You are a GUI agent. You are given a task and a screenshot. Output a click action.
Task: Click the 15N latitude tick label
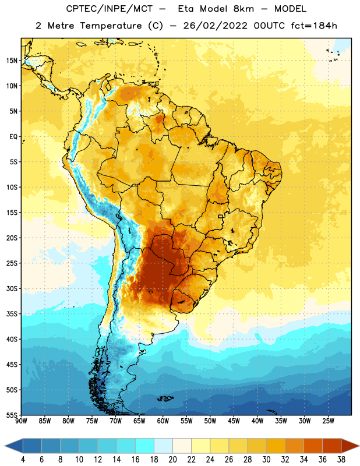point(12,61)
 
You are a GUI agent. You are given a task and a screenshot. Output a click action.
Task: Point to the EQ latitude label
point(13,137)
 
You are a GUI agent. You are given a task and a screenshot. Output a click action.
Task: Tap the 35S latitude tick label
point(12,314)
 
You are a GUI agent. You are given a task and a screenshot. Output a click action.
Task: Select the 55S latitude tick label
point(12,415)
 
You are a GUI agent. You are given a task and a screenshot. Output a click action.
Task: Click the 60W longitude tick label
point(163,421)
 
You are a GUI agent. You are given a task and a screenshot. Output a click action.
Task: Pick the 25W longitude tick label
point(328,421)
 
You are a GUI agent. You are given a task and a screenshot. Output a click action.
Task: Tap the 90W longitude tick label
point(21,421)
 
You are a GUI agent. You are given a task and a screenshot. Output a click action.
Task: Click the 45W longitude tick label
point(234,421)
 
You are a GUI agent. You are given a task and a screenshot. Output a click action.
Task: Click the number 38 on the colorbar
point(341,460)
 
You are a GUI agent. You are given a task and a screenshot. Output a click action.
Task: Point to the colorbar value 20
point(172,460)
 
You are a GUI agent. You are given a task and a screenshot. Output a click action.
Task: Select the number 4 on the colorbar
point(23,460)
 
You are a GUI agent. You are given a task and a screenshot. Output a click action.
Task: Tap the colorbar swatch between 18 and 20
point(163,446)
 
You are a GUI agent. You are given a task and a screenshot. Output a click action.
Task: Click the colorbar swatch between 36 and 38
point(332,446)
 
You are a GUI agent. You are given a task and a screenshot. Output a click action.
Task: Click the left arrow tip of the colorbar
point(5,446)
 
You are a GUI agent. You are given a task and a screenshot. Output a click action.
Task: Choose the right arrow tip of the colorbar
point(359,446)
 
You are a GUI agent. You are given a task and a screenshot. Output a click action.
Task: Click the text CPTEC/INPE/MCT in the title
point(110,9)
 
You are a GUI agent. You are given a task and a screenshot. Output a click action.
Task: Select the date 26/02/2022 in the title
point(216,26)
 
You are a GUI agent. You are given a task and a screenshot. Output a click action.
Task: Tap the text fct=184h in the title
point(314,26)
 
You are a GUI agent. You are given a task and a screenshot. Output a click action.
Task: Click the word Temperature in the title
point(111,26)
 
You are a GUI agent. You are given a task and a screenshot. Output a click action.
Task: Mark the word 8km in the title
point(243,9)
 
